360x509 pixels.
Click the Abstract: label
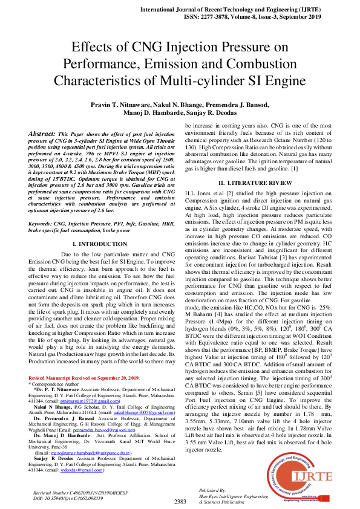pos(42,132)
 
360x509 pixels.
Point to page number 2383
pos(180,502)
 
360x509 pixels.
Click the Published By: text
pos(214,491)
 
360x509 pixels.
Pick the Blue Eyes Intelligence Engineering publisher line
pos(233,496)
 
